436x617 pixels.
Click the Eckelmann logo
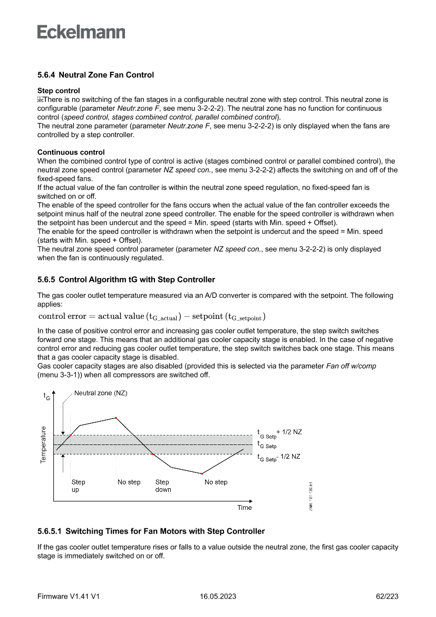coord(81,32)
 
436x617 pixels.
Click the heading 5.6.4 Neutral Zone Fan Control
coord(95,75)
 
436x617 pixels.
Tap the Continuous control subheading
coord(71,153)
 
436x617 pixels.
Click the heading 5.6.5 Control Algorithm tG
coord(126,279)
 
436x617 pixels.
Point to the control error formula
coord(152,317)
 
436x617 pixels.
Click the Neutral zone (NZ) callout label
coord(101,393)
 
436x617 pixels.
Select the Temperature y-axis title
coord(43,444)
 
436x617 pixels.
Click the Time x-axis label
coord(244,508)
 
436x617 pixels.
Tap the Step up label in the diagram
coord(78,486)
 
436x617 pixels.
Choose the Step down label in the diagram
coord(163,486)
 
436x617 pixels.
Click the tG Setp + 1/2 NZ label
coord(279,433)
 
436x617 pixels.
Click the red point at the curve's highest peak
coord(115,418)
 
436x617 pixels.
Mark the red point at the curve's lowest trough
coord(202,474)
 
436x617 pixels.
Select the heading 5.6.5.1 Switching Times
coord(151,531)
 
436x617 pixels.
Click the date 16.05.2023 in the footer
coord(218,596)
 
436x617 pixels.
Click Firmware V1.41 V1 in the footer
coord(69,596)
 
